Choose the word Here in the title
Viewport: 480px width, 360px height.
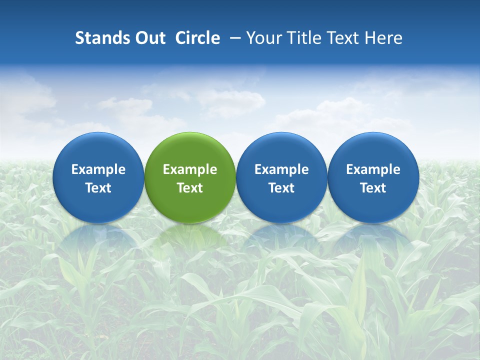click(x=383, y=38)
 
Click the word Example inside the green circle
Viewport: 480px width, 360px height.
click(x=190, y=169)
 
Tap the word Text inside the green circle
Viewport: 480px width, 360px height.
click(x=190, y=188)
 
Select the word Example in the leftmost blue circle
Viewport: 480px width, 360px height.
click(x=98, y=169)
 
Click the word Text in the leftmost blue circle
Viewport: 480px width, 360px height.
click(x=98, y=188)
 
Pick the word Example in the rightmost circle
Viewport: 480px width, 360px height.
click(x=373, y=169)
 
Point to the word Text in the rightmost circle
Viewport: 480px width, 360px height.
click(x=373, y=188)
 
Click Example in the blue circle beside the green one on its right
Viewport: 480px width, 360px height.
click(x=281, y=169)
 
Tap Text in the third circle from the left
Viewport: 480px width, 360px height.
click(x=281, y=188)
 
